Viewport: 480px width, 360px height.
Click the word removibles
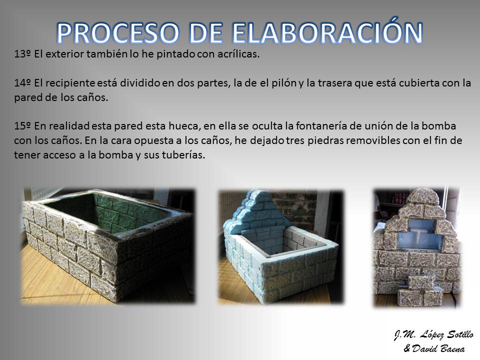372,140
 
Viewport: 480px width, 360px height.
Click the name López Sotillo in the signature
447,335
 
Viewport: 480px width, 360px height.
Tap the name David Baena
438,348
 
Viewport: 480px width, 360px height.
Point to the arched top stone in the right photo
423,196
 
